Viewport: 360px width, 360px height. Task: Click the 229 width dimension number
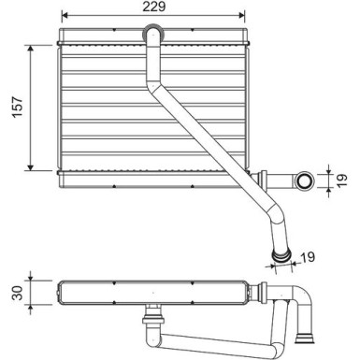151,7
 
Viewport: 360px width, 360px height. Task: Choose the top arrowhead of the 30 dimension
32,279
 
